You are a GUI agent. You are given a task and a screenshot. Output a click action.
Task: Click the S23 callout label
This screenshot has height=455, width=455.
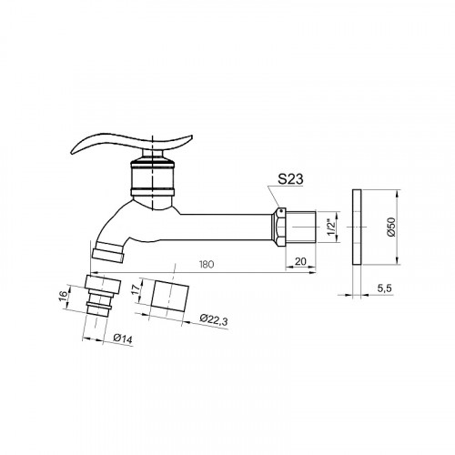pos(290,179)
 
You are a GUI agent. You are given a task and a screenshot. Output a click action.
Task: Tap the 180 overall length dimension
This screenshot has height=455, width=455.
pos(207,264)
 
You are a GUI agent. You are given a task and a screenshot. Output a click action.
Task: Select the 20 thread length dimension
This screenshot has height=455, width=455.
pos(300,261)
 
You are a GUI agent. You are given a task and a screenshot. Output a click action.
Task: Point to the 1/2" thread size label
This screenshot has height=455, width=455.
pos(331,227)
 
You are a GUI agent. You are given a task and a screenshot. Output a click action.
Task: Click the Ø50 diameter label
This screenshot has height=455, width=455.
pos(391,227)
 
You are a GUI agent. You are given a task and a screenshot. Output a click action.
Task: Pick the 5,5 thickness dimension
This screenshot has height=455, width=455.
pos(385,288)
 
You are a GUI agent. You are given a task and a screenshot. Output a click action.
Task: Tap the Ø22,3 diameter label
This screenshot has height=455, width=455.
pos(214,319)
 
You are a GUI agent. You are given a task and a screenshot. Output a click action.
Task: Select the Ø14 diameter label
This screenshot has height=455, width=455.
pos(123,339)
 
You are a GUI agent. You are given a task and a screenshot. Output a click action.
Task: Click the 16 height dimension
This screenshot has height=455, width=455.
pos(63,295)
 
